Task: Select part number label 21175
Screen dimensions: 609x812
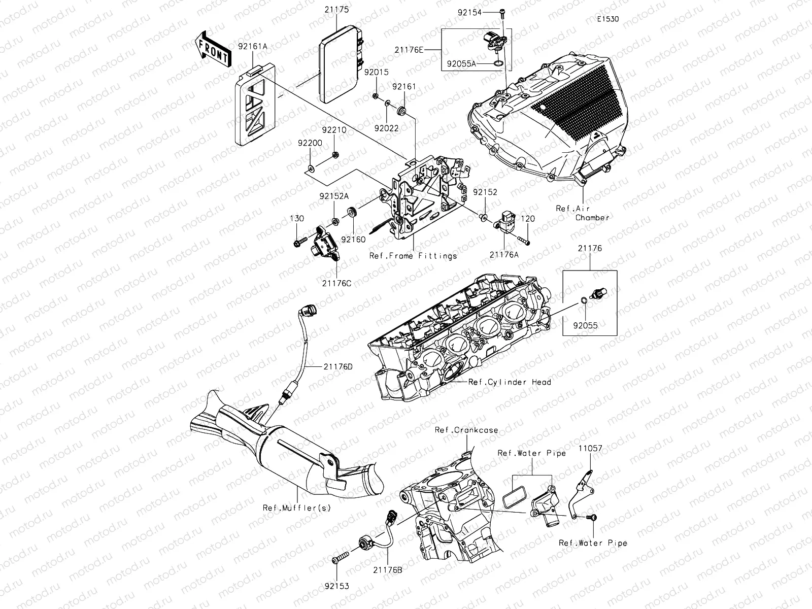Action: click(x=335, y=9)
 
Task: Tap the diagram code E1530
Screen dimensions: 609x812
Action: click(x=608, y=19)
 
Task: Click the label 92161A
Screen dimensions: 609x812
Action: click(x=252, y=46)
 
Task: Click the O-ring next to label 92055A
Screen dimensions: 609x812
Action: click(x=498, y=64)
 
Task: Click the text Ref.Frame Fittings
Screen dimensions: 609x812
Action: click(x=413, y=256)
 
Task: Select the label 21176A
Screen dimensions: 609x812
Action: click(x=504, y=255)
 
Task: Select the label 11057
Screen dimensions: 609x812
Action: click(x=591, y=448)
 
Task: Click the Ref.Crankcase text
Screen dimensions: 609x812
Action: click(x=466, y=430)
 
